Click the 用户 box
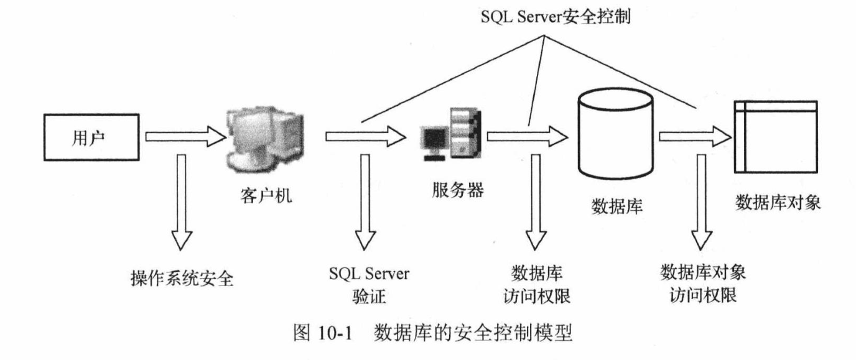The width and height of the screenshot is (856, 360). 91,136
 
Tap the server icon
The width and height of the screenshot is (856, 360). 450,135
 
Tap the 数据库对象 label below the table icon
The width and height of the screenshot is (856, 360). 778,203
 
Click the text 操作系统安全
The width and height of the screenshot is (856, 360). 182,278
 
